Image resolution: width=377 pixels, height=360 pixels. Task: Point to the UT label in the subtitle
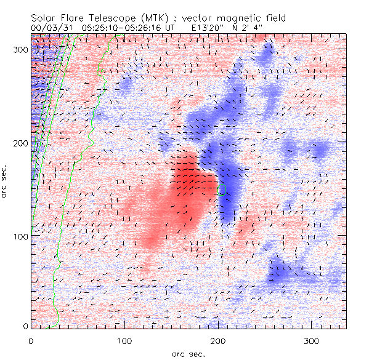tap(170, 28)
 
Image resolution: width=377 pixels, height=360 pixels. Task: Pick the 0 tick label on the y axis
tap(25, 326)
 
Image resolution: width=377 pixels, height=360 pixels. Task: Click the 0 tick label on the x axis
tap(31, 340)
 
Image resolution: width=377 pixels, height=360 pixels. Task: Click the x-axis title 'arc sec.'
tap(188, 354)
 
